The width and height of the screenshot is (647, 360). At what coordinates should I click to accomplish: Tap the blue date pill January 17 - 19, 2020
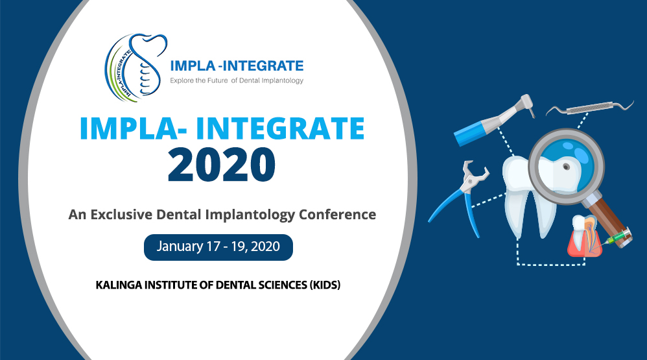[x=218, y=247]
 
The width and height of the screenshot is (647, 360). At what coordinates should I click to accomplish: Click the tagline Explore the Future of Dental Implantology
[x=236, y=80]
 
